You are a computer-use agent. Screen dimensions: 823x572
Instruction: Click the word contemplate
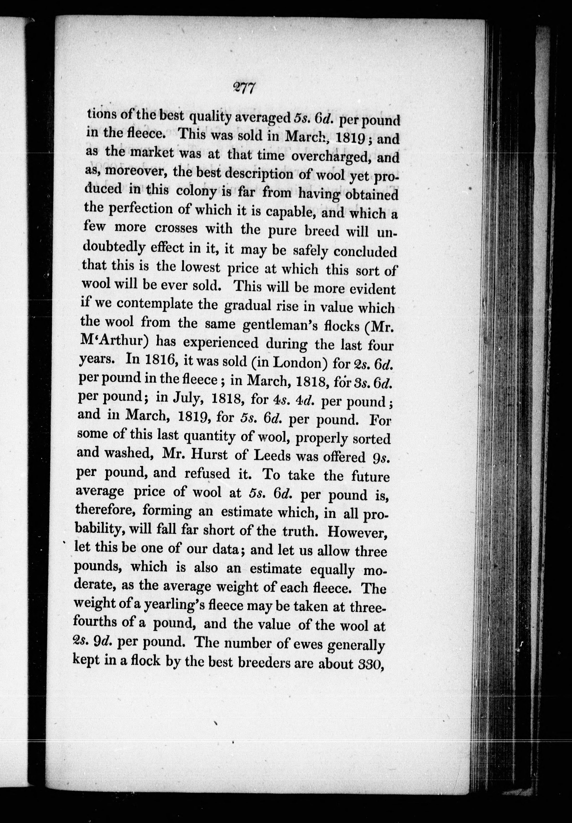coord(167,304)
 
